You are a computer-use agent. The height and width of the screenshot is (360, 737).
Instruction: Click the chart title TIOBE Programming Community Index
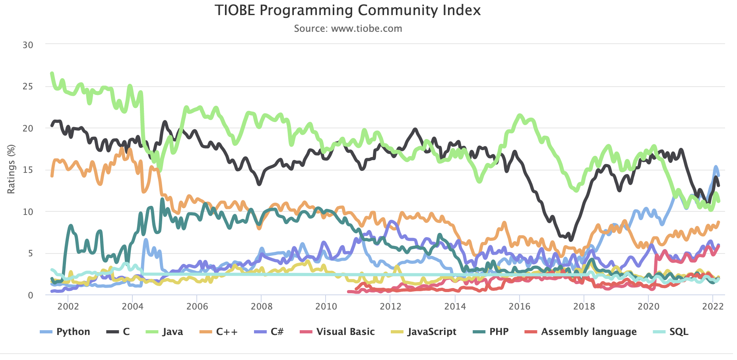tap(347, 10)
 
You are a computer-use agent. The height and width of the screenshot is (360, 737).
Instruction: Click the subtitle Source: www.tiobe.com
tap(348, 29)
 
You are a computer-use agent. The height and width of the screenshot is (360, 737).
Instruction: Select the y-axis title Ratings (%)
tap(11, 170)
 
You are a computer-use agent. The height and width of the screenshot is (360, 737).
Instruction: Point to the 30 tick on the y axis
tap(28, 45)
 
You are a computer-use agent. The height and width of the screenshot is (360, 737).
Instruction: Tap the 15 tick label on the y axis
tap(28, 170)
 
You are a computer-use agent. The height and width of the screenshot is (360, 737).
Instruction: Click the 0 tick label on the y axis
tap(30, 295)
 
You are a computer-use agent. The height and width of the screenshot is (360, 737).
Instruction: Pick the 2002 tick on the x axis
tap(68, 306)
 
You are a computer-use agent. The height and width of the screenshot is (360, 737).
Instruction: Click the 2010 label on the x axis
tap(326, 306)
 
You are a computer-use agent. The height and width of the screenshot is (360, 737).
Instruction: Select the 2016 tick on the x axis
tap(520, 306)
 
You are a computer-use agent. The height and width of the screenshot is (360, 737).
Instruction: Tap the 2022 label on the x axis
tap(713, 306)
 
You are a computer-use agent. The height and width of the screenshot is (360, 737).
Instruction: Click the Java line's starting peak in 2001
tap(52, 73)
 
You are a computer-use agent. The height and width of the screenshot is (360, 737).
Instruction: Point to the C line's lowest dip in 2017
tap(571, 240)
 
